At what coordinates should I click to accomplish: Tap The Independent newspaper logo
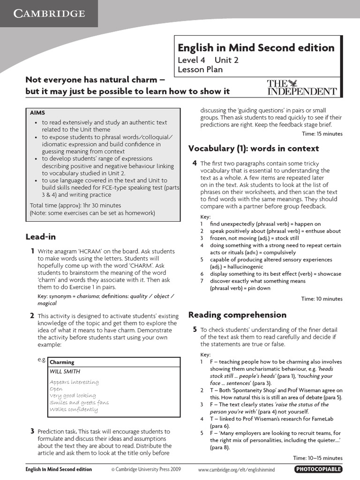coord(302,88)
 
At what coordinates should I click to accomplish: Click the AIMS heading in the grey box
coord(37,113)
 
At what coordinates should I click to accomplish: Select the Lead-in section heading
coord(40,237)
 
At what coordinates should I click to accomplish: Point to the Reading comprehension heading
coord(237,315)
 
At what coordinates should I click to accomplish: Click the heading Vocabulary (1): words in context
coord(253,149)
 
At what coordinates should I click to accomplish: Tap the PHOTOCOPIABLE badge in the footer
coord(318,469)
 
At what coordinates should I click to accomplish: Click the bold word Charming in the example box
coord(62,362)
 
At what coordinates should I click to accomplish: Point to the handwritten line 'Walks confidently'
coord(74,410)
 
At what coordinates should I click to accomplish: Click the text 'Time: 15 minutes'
coord(322,134)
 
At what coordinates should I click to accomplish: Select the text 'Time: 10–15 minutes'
coord(318,458)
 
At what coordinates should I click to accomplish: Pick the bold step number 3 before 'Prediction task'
coord(32,431)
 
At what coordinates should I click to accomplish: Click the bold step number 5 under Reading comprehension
coord(195,330)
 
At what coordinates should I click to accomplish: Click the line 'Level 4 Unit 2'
coord(208,60)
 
